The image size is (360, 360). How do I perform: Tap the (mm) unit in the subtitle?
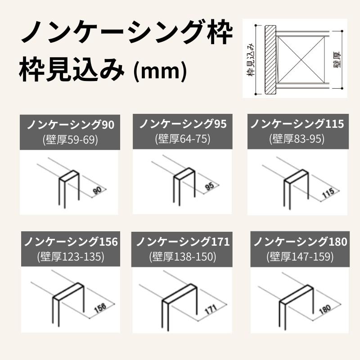(x=160, y=71)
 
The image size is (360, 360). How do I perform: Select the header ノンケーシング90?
(x=70, y=125)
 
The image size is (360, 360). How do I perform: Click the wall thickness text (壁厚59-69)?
(x=70, y=139)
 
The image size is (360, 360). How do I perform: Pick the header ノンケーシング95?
(x=182, y=124)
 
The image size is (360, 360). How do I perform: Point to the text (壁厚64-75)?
(x=182, y=139)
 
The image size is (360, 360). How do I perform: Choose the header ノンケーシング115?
(x=297, y=124)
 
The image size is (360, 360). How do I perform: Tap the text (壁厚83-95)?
(x=297, y=139)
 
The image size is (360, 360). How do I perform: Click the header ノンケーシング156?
(x=70, y=242)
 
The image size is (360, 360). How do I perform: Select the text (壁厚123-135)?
(x=70, y=256)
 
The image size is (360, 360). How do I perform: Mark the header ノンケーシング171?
(x=183, y=242)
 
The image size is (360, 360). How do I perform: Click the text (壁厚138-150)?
(x=183, y=256)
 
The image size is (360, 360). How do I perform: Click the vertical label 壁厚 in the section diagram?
(x=337, y=59)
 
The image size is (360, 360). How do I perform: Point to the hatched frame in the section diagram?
(x=270, y=59)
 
